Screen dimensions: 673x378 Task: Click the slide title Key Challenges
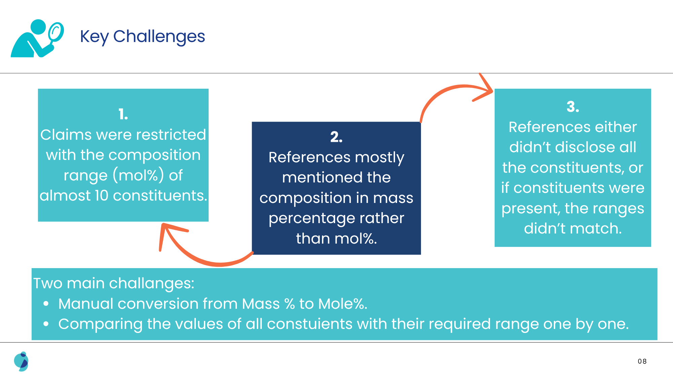pos(142,37)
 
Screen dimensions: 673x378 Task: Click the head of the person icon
pos(38,27)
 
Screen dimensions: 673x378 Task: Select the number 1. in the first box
pos(123,114)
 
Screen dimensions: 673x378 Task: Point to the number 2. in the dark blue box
pos(336,137)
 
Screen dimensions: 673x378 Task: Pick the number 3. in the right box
pos(573,107)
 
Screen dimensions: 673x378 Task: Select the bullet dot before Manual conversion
pos(46,304)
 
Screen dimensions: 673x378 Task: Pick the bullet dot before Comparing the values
pos(46,324)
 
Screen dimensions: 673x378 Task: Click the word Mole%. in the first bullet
pos(343,304)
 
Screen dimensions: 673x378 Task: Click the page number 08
pos(642,361)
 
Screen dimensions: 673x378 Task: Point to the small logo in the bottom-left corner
pos(21,362)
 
